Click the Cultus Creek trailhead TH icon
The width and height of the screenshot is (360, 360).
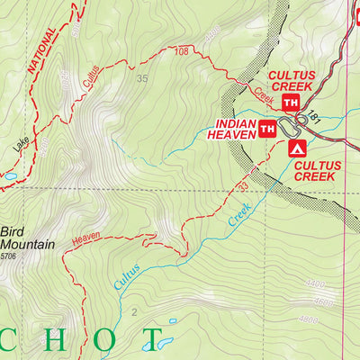point(291,103)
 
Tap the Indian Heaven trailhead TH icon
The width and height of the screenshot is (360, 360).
point(267,129)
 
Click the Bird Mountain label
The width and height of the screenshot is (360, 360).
point(27,237)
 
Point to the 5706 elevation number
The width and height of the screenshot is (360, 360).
point(9,256)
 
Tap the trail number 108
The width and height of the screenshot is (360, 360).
point(181,52)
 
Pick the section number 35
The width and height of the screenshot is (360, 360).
point(141,79)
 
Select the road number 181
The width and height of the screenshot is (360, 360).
point(314,118)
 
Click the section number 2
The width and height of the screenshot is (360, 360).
point(133,312)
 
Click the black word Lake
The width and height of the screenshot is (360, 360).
point(21,143)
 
